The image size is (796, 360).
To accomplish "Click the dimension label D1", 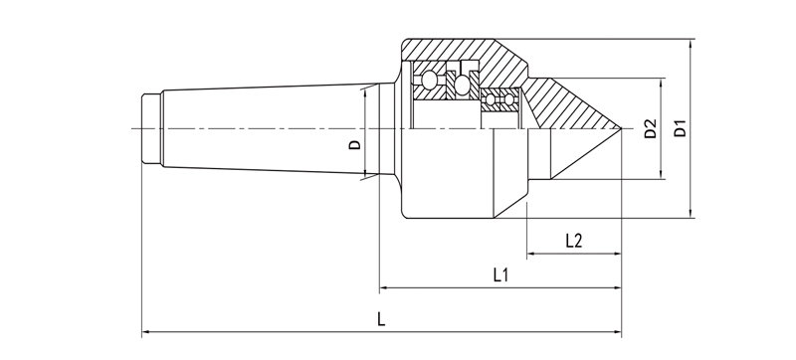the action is (x=680, y=128).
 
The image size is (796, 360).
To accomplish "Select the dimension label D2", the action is (x=651, y=128).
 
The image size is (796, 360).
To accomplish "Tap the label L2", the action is (x=574, y=241).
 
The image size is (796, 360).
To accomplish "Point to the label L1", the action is (x=501, y=274).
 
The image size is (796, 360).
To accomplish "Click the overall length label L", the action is (x=382, y=319).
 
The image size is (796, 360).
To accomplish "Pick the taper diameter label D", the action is (x=355, y=144).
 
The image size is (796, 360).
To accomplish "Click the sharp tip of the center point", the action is (x=622, y=128).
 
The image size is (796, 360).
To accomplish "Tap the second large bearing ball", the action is (x=462, y=85).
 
